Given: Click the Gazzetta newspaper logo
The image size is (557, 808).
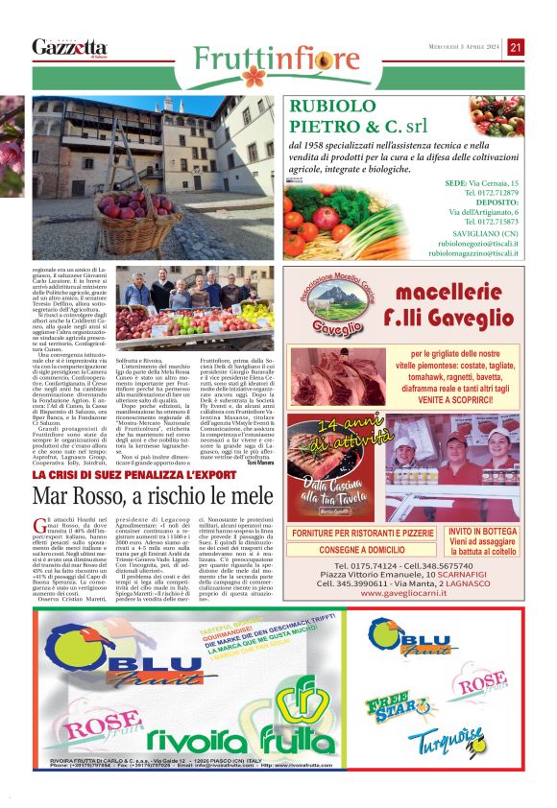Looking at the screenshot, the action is tap(69, 47).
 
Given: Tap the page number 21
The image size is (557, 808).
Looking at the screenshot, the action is tap(516, 47).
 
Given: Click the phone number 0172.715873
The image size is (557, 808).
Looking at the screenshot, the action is tap(491, 222).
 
